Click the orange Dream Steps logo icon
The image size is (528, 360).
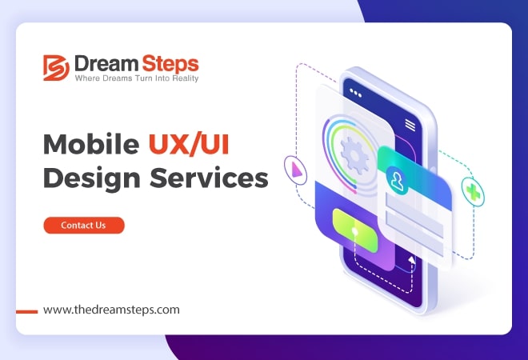click(56, 68)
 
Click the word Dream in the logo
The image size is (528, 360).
click(106, 63)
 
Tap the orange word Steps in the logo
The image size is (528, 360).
click(170, 64)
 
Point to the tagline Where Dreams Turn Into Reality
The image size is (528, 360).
click(137, 78)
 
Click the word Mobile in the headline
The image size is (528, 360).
click(91, 144)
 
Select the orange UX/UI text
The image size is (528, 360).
click(189, 144)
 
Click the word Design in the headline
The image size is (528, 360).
click(91, 178)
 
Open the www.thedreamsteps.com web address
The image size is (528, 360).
click(111, 310)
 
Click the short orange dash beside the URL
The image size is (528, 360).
click(27, 312)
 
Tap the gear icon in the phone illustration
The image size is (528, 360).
click(354, 155)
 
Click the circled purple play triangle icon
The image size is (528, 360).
click(295, 170)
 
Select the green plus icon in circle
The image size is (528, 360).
click(473, 192)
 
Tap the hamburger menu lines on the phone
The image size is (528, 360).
click(410, 125)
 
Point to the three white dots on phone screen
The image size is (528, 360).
click(355, 93)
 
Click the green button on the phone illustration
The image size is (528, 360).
click(355, 230)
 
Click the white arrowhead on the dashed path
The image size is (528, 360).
click(411, 260)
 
